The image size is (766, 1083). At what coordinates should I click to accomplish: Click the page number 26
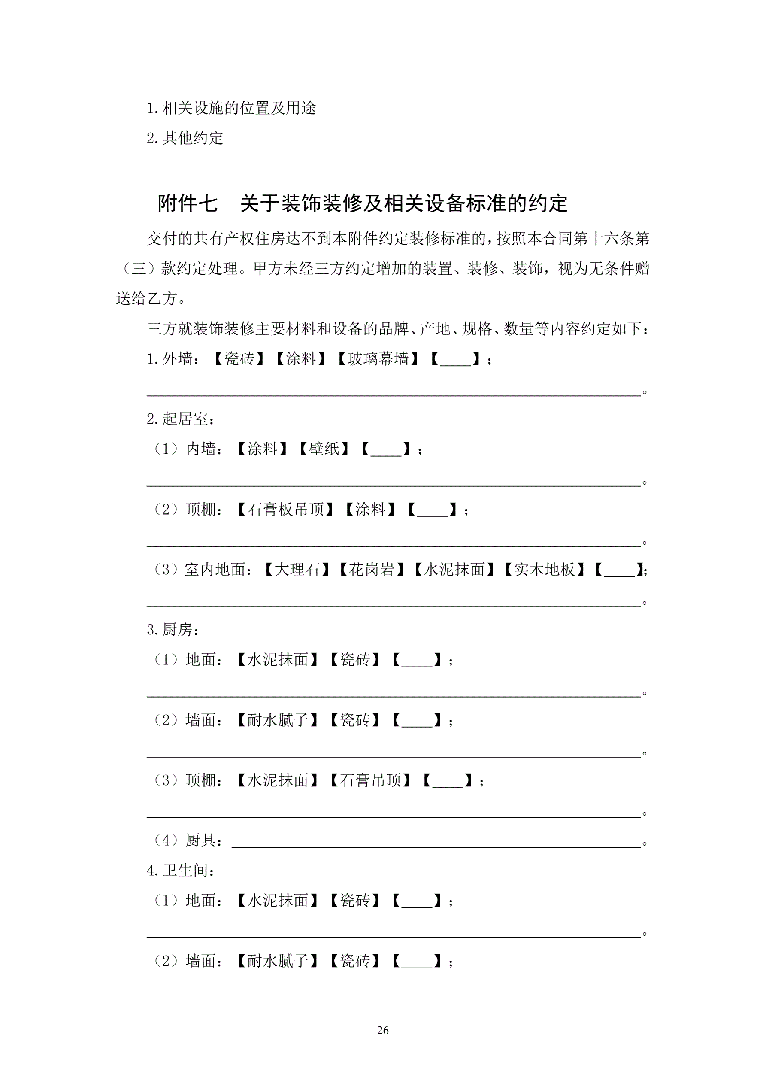(382, 1030)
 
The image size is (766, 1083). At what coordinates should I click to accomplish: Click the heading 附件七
(188, 204)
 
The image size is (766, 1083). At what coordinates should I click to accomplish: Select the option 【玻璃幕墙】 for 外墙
(378, 359)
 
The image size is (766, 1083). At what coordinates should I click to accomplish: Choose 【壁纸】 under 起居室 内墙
(324, 449)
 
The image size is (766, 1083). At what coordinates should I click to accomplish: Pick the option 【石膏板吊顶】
(285, 510)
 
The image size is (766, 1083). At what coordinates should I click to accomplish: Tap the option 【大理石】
(296, 570)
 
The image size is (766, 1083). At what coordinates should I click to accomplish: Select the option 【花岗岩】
(371, 570)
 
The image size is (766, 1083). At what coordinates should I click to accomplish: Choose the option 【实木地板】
(544, 570)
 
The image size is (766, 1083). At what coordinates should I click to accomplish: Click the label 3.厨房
(173, 630)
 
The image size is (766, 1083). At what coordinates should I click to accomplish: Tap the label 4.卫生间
(181, 870)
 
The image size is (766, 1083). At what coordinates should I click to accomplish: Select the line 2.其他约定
(185, 138)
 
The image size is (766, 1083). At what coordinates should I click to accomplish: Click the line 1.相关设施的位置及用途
(231, 109)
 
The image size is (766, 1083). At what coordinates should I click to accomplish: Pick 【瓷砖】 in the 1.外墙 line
(239, 359)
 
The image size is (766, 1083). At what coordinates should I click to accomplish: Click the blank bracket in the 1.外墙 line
(456, 359)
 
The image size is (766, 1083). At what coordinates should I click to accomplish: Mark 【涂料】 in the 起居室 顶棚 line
(370, 510)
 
